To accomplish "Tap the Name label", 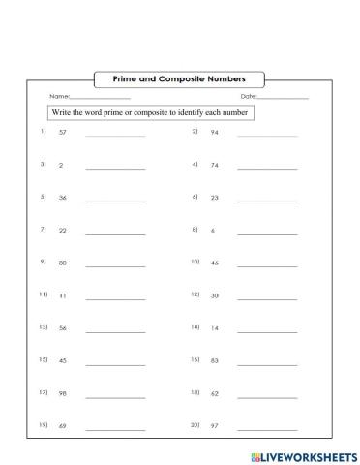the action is (59, 97).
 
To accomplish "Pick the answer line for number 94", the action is (267, 135).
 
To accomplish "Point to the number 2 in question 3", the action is (61, 167).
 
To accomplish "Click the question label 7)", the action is (43, 230).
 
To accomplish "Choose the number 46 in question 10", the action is (215, 263).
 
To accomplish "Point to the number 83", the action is (215, 361).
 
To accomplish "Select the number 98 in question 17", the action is (63, 394).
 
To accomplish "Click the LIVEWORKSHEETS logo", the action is (302, 452).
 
